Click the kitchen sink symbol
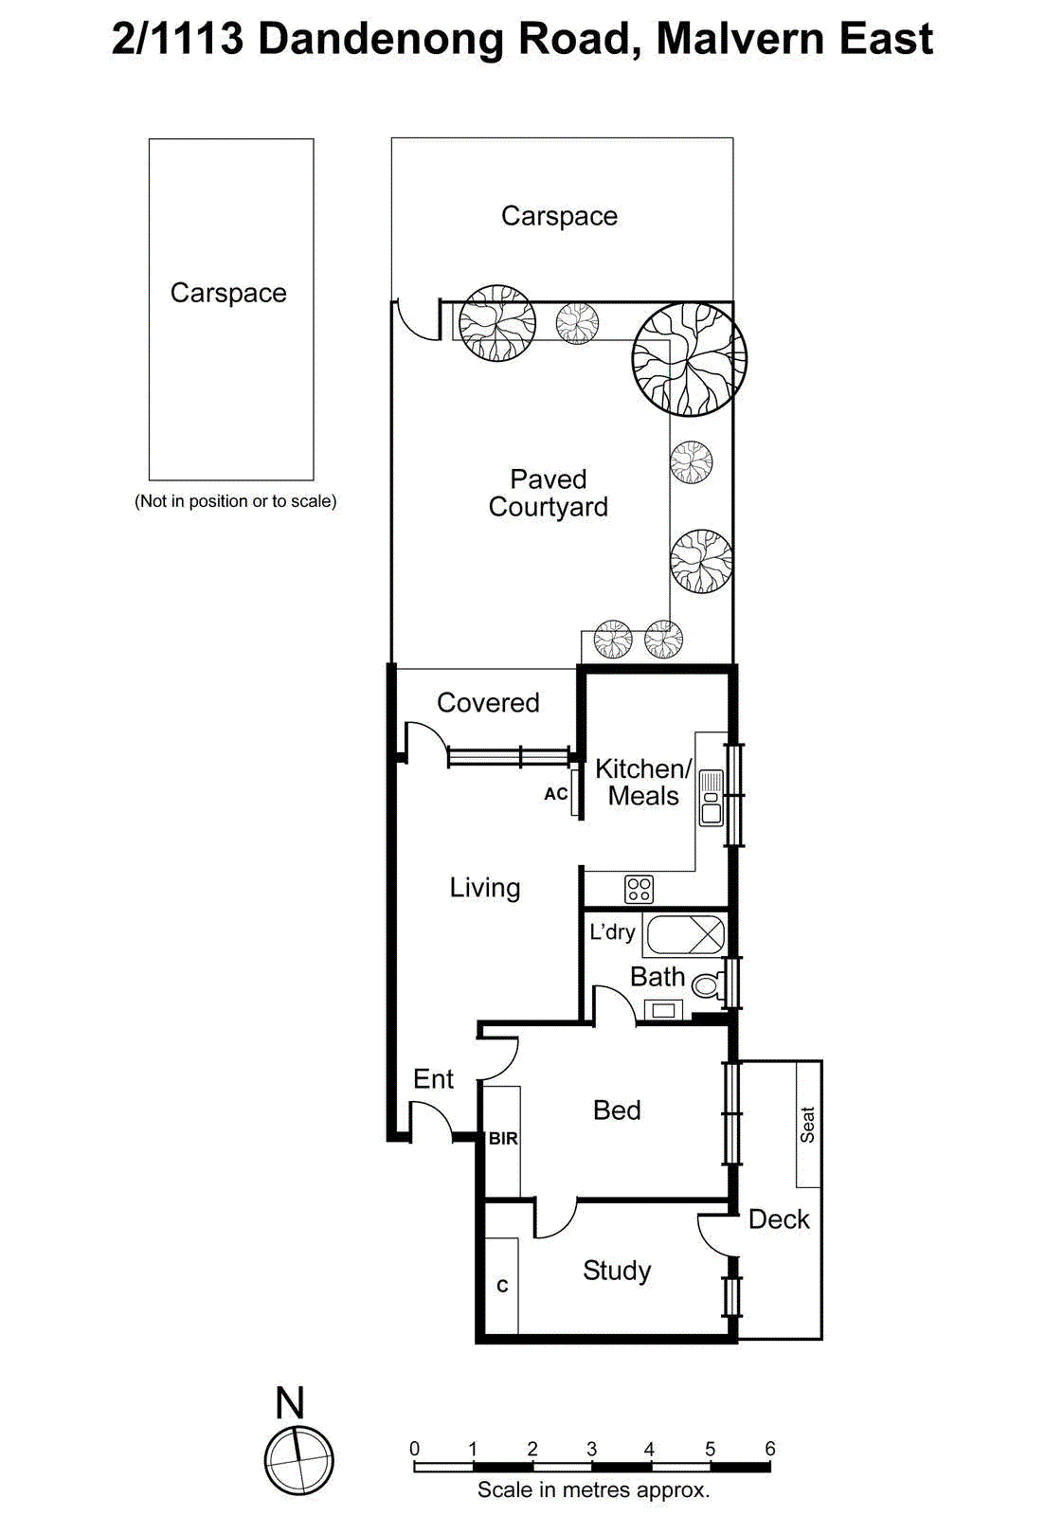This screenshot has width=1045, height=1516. (711, 798)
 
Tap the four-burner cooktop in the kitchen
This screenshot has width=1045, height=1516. (639, 889)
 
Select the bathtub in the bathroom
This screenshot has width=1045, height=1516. (685, 935)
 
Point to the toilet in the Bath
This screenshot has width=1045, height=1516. (706, 985)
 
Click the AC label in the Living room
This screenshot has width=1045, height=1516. (556, 794)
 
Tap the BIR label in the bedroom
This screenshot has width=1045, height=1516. (503, 1138)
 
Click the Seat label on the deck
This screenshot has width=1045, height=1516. (807, 1125)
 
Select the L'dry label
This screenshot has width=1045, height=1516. (612, 932)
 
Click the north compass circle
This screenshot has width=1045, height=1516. (298, 1460)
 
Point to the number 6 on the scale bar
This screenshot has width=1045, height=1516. (770, 1448)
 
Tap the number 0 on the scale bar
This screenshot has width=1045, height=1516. (414, 1448)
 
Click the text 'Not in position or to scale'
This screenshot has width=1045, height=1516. (235, 501)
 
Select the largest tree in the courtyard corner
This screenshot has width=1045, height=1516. (689, 359)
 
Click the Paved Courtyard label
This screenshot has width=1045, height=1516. (548, 493)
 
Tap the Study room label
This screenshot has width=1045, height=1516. (617, 1271)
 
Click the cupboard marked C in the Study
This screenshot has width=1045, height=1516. (502, 1286)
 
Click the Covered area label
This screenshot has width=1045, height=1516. (488, 702)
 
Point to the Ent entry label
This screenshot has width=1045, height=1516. (433, 1079)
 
